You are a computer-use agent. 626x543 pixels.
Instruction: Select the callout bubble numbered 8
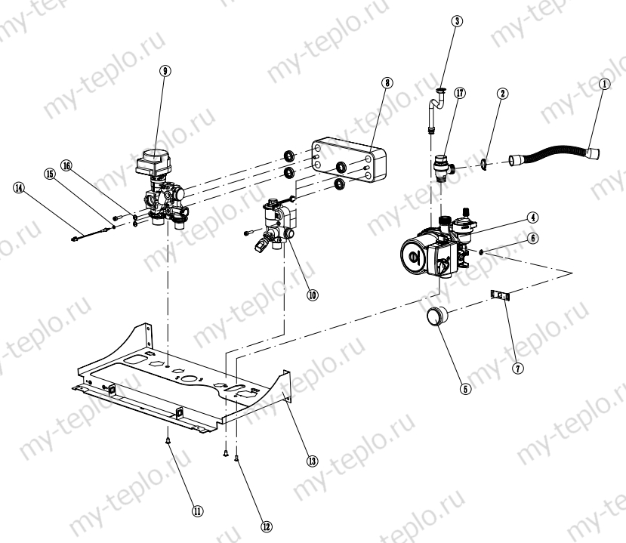(387, 83)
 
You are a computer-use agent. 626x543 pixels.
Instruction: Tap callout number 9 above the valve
(165, 70)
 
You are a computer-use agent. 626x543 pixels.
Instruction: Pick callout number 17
(460, 94)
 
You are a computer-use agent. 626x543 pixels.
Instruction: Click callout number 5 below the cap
(466, 390)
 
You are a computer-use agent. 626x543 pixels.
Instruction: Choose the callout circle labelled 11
(198, 511)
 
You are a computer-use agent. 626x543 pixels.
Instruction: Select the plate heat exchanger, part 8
(347, 162)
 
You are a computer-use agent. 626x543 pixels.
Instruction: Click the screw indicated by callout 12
(236, 455)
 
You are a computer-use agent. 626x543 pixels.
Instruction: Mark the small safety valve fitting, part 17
(443, 165)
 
